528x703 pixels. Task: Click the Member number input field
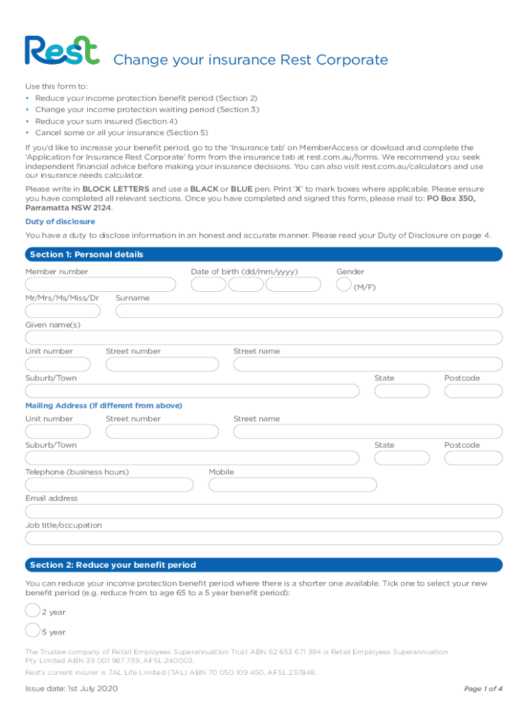(x=100, y=284)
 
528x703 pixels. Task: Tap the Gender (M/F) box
(x=344, y=284)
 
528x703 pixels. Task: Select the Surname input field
(x=309, y=311)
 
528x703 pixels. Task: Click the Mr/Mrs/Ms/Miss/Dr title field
(x=62, y=311)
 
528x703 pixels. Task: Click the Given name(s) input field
(x=263, y=338)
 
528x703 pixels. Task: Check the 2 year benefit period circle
(x=32, y=610)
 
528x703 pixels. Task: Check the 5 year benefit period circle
(x=32, y=630)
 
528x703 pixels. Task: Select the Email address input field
(x=263, y=511)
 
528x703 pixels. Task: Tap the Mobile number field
(x=293, y=485)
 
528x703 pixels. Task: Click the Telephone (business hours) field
(x=109, y=485)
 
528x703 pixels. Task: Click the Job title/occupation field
(x=263, y=538)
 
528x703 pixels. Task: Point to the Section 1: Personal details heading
(x=86, y=255)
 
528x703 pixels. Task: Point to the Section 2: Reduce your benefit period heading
(x=112, y=565)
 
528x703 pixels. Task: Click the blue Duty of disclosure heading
(x=60, y=222)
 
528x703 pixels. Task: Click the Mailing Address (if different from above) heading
(x=104, y=406)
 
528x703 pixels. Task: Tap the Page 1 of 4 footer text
(x=483, y=689)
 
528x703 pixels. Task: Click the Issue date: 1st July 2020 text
(x=72, y=689)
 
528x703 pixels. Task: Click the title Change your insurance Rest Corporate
(x=250, y=60)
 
